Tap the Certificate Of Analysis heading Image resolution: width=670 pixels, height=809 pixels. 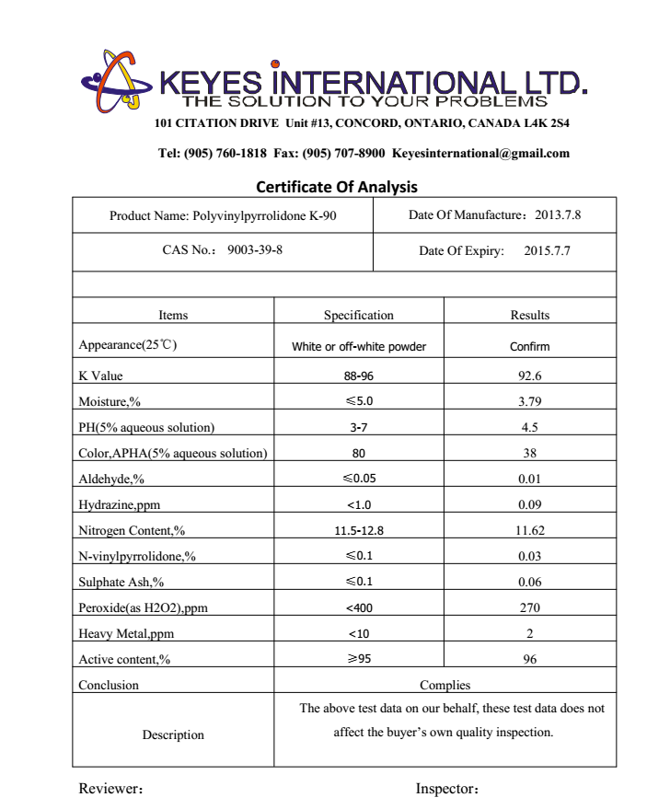336,187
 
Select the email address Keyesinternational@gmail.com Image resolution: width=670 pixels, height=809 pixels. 480,154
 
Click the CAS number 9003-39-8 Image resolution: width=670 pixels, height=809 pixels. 254,250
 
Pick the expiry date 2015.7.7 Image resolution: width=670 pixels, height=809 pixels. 547,251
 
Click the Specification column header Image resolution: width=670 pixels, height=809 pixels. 358,315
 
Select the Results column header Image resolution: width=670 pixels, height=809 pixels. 529,315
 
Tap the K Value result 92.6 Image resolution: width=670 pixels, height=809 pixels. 529,376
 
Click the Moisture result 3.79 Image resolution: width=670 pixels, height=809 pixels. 529,401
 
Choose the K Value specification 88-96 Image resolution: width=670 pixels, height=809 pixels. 358,376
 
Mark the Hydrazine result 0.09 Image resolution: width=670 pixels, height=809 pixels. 529,504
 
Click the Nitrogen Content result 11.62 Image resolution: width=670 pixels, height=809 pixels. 529,530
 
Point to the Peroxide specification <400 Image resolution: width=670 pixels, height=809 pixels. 358,607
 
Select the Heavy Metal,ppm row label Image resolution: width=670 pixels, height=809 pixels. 126,633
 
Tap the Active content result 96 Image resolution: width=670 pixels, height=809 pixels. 529,659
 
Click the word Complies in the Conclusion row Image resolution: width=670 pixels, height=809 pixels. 445,685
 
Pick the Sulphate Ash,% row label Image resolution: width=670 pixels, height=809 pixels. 121,582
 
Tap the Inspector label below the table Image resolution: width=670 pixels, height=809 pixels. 447,789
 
